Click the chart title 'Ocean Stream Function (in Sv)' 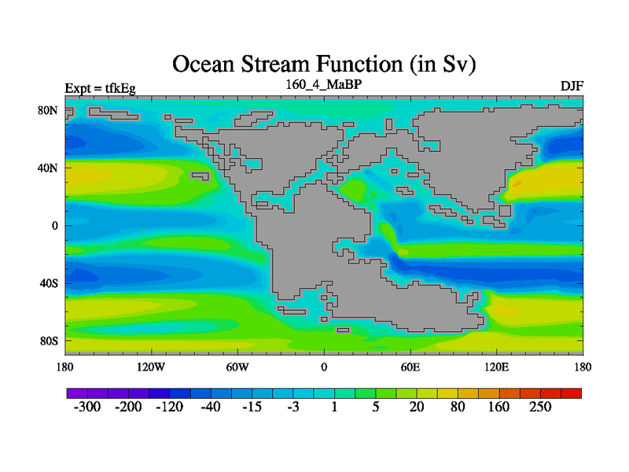(x=324, y=65)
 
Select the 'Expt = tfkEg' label (x=101, y=88)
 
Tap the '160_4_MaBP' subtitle (x=324, y=85)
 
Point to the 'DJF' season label (x=572, y=87)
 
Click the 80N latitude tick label (x=48, y=110)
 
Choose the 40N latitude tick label (x=48, y=168)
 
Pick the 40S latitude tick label (x=49, y=283)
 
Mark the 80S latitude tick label (x=49, y=341)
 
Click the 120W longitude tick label (x=151, y=367)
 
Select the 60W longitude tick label (x=237, y=367)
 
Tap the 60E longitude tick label (x=410, y=367)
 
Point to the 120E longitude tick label (x=497, y=367)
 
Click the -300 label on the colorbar (x=87, y=407)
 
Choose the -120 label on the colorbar (x=169, y=407)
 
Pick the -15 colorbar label (x=252, y=407)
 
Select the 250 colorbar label (x=540, y=407)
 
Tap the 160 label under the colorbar (x=498, y=407)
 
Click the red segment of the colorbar (x=572, y=393)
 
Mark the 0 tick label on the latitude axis (x=54, y=226)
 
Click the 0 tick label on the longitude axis (x=324, y=367)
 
